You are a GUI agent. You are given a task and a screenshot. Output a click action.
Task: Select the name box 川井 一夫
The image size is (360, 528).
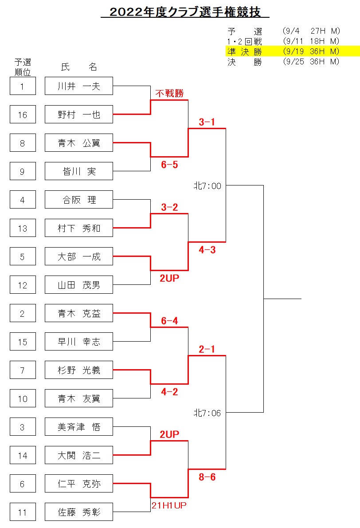tap(79, 86)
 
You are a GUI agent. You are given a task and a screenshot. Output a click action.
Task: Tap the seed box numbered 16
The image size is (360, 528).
tap(23, 115)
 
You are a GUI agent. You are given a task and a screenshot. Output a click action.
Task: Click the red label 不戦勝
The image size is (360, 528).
tap(169, 94)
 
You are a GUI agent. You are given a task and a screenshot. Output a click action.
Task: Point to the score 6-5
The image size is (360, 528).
tap(169, 165)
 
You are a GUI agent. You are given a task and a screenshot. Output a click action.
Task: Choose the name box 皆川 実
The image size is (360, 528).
tap(79, 171)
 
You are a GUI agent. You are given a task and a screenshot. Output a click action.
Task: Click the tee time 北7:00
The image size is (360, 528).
tap(207, 186)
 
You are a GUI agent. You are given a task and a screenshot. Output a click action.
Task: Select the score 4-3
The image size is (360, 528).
tap(207, 250)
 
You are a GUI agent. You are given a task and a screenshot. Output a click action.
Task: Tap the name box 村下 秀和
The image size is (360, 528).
tap(79, 229)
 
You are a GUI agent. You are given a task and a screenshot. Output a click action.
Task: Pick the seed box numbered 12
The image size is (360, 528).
tap(23, 285)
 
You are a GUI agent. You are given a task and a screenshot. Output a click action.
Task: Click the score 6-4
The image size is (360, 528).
tap(169, 321)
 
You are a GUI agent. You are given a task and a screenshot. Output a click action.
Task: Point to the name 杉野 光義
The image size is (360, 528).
tap(79, 370)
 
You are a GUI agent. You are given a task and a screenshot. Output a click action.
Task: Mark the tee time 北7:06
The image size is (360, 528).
tap(207, 413)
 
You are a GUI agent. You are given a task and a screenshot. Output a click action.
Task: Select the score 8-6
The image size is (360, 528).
tap(207, 477)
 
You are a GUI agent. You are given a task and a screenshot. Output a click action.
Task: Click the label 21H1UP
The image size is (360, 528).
tap(169, 505)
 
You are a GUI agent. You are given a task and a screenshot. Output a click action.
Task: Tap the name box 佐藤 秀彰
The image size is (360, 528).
tap(79, 512)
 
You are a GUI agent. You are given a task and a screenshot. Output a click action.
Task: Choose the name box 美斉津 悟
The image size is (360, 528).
tap(79, 427)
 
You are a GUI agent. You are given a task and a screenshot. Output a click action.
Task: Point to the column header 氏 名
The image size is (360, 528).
tap(79, 67)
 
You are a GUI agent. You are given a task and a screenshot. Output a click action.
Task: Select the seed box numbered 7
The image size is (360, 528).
tap(23, 370)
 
